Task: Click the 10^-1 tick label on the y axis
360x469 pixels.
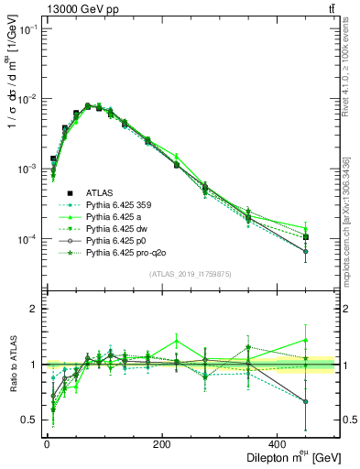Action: tap(25, 29)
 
